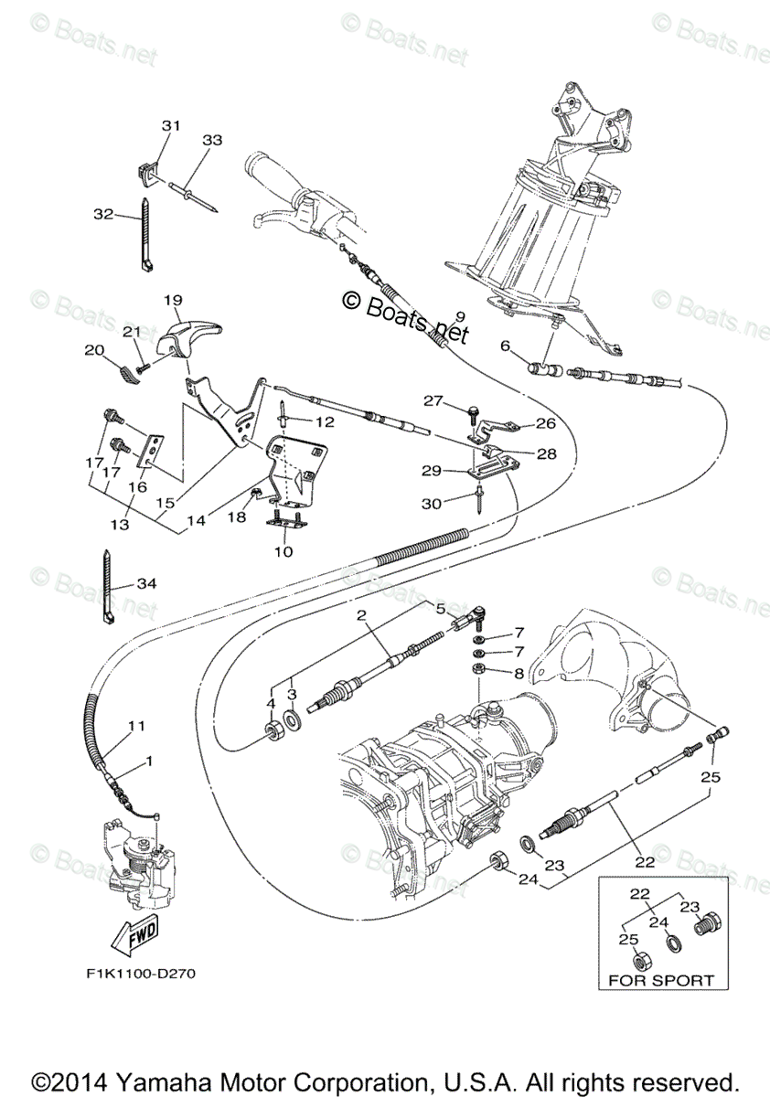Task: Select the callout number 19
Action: pos(174,300)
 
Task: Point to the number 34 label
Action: pos(146,583)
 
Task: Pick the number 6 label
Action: pos(505,346)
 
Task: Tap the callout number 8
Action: pos(519,674)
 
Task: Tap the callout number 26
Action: pos(545,423)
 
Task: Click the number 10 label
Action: pos(283,552)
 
